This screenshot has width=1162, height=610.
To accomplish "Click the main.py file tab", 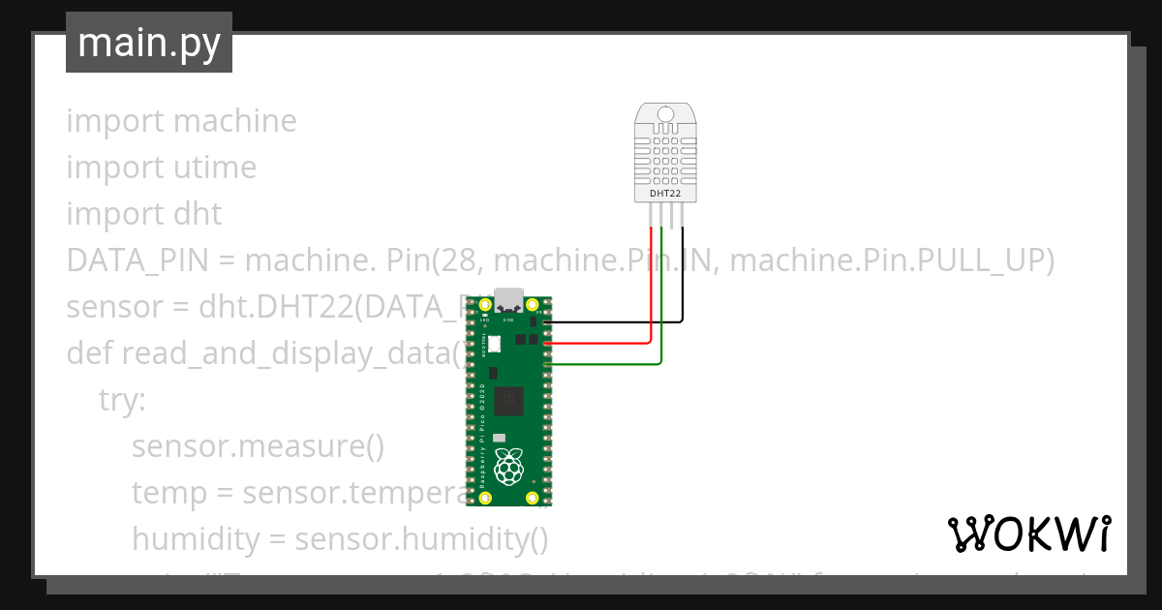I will (148, 44).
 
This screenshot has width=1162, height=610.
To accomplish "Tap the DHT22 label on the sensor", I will (663, 194).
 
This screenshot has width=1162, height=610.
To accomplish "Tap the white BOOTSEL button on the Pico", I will (494, 343).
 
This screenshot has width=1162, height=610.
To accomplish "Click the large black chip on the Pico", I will (508, 400).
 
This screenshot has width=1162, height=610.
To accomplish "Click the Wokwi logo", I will (1028, 534).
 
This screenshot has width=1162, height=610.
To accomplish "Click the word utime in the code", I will (215, 168).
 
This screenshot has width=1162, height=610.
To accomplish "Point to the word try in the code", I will (122, 399).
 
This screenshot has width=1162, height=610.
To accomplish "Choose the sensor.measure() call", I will (258, 446).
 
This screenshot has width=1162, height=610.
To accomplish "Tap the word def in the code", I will (89, 353).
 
